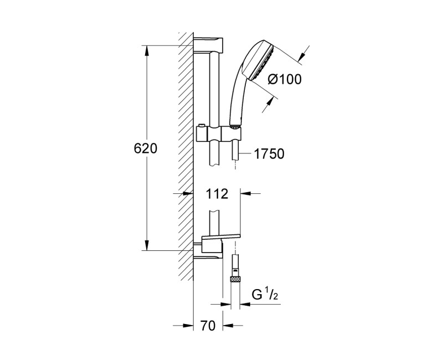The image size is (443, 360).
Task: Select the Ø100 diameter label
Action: coord(284,79)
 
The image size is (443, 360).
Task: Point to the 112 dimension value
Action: coord(217,194)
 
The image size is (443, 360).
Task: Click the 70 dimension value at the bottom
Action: coord(207,327)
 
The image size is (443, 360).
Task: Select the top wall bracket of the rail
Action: coord(209,44)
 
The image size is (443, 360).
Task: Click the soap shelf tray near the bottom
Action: coord(221,239)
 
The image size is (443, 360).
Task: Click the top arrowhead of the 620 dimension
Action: coord(147,50)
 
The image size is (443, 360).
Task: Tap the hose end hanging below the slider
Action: coord(236,151)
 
